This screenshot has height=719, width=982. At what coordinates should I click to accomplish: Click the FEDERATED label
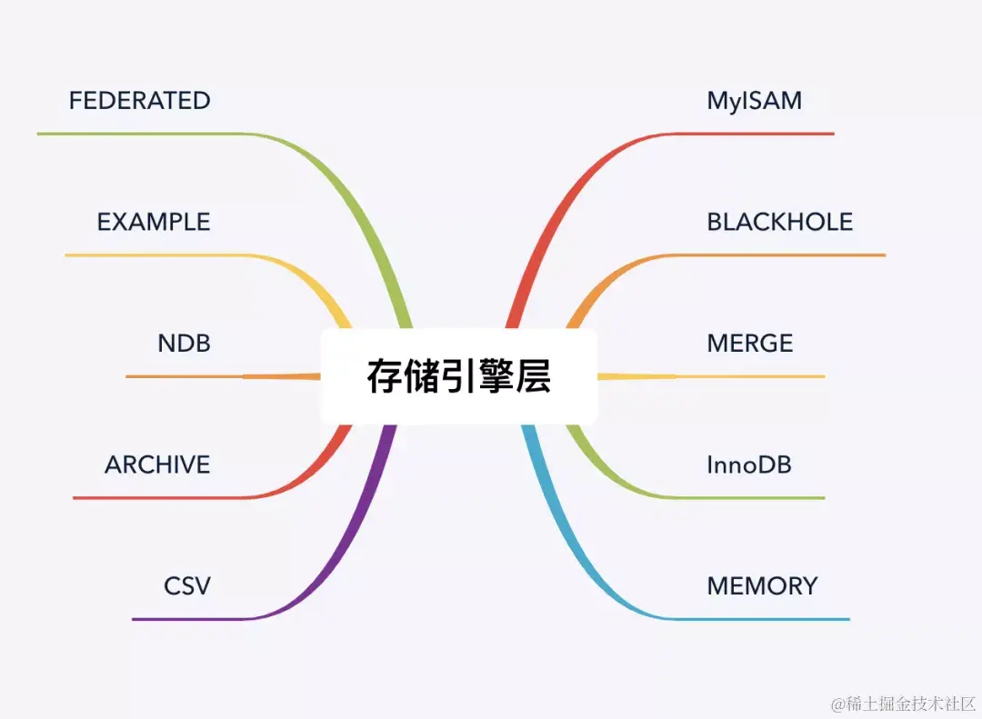pos(139,100)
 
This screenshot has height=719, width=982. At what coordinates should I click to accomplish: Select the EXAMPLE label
pos(154,222)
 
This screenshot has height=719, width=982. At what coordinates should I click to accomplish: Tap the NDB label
pos(184,343)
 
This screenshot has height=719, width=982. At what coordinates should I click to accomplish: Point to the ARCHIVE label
pos(157,464)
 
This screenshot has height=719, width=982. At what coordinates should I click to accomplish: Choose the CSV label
pos(187,585)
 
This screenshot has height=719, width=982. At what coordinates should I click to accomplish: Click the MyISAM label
pos(755,100)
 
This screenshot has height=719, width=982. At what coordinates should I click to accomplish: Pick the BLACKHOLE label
pos(780,222)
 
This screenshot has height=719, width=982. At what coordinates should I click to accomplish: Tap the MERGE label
pos(750,343)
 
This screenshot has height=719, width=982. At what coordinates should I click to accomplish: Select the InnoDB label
pos(749,464)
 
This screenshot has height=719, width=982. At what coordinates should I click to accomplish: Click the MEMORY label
pos(762,585)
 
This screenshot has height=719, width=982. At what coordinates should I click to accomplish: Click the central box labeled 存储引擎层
pos(459,376)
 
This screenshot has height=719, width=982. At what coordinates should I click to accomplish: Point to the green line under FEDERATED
pos(136,134)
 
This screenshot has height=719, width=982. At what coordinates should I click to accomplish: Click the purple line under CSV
pos(191,619)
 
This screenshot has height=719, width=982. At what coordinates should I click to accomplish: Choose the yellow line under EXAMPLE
pos(155,255)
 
